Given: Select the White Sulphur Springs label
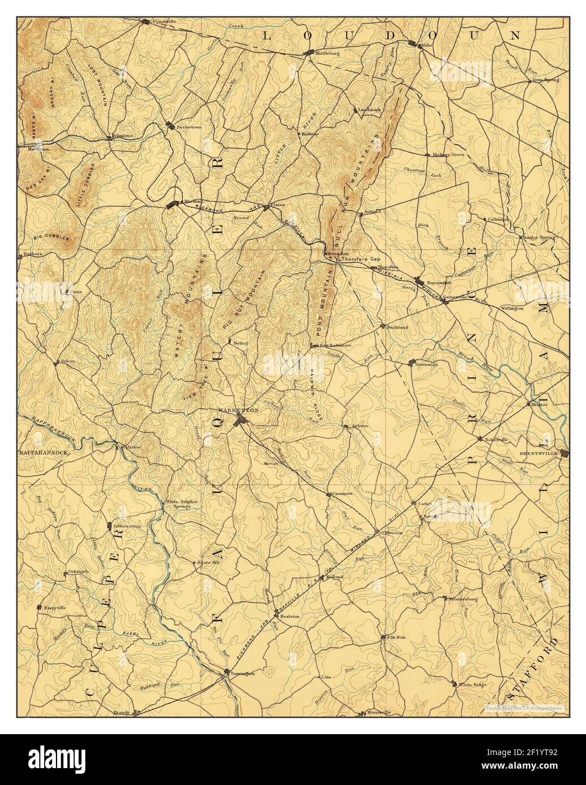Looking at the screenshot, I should pos(180,504).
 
